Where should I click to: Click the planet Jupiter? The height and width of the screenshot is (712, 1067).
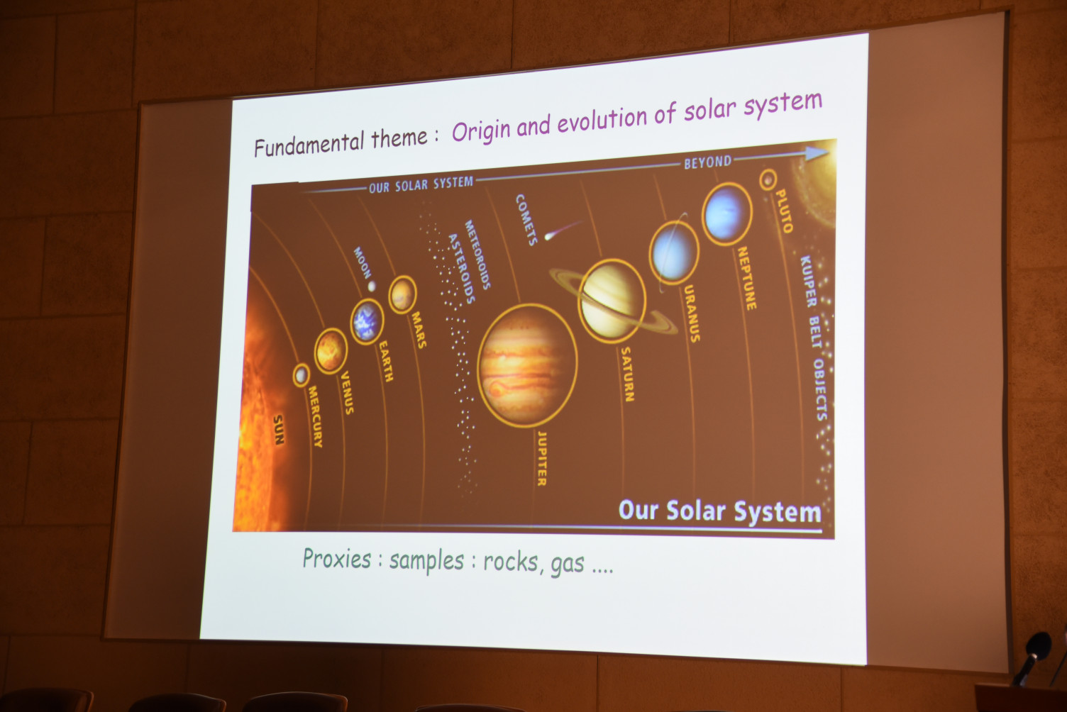coord(527,365)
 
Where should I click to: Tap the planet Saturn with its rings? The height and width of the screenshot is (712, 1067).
coord(612,301)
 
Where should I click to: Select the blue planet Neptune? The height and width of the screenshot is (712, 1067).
coord(727,214)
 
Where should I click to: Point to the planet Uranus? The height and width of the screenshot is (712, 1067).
coord(674,253)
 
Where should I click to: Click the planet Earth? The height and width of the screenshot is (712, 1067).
coord(367,321)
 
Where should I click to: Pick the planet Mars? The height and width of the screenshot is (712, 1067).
coord(402,295)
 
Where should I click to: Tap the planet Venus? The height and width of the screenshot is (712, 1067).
coord(331,351)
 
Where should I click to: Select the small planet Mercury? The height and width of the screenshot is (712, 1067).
coord(301,375)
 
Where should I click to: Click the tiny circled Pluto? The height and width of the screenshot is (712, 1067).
coord(768,179)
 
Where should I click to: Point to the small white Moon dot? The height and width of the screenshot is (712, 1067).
coord(372,286)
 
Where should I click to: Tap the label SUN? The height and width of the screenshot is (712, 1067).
coord(279,429)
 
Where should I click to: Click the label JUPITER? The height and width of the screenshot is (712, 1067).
coord(541,458)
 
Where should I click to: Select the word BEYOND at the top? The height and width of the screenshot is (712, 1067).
coord(707,162)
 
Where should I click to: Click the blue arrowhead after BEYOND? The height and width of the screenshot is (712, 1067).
coord(817,153)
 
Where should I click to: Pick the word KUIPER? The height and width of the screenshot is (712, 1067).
coord(808,281)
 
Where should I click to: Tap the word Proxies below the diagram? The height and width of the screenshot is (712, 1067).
coord(337,558)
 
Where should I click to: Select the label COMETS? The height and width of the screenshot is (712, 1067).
coord(526,220)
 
